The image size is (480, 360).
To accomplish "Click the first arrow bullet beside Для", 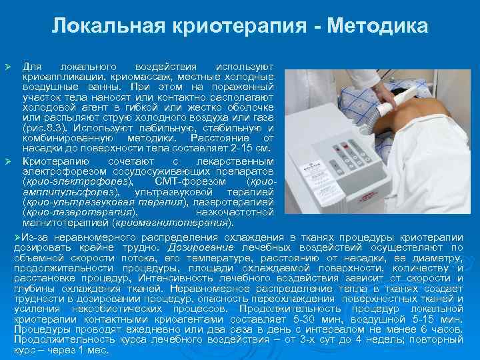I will coord(9,68).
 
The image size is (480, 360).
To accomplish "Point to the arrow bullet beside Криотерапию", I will coord(9,162).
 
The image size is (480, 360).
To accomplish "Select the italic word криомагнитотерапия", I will coord(173,222).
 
